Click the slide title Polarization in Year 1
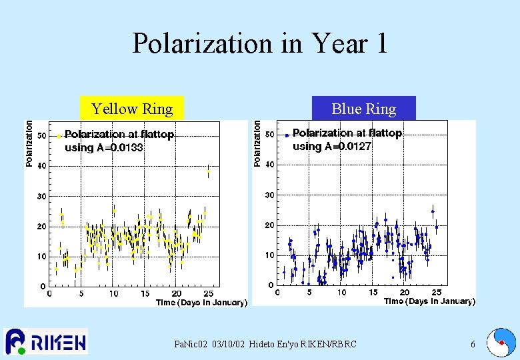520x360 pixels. pyautogui.click(x=259, y=43)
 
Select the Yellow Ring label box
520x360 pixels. pyautogui.click(x=131, y=109)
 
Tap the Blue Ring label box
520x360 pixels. pyautogui.click(x=363, y=109)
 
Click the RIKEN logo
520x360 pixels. pyautogui.click(x=45, y=342)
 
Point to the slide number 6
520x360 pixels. pyautogui.click(x=473, y=345)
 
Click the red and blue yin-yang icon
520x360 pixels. pyautogui.click(x=501, y=343)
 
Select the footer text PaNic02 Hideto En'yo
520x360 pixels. pyautogui.click(x=265, y=345)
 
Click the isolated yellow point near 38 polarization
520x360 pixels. pyautogui.click(x=209, y=171)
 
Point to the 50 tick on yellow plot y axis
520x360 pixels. pyautogui.click(x=41, y=135)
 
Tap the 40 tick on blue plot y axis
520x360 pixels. pyautogui.click(x=269, y=164)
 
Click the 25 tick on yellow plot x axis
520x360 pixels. pyautogui.click(x=209, y=293)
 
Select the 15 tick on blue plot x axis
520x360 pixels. pyautogui.click(x=373, y=292)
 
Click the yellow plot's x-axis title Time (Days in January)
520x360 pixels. pyautogui.click(x=201, y=303)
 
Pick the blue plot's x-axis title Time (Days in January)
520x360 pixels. pyautogui.click(x=429, y=301)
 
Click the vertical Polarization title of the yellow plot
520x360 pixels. pyautogui.click(x=29, y=143)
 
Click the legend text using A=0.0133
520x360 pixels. pyautogui.click(x=103, y=148)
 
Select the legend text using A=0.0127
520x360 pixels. pyautogui.click(x=332, y=147)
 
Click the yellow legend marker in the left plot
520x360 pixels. pyautogui.click(x=59, y=136)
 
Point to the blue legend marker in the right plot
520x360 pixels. pyautogui.click(x=287, y=135)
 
